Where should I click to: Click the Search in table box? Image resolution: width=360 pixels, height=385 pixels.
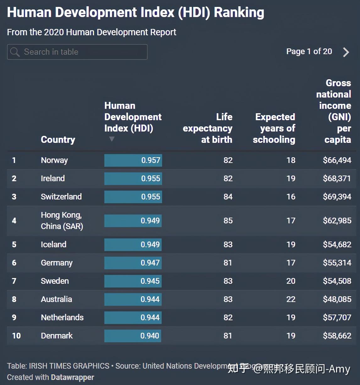point(77,52)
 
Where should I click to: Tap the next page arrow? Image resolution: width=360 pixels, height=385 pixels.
point(346,52)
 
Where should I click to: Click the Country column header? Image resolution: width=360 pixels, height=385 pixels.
point(58,140)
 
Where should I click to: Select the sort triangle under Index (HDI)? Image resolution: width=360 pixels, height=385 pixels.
point(112,139)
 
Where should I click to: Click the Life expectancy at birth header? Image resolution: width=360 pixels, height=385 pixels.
point(208,128)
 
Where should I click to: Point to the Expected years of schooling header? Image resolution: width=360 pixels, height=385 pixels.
point(274,128)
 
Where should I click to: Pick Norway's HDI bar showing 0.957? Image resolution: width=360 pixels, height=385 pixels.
point(133,160)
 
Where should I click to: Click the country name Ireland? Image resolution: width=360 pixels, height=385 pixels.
point(53,178)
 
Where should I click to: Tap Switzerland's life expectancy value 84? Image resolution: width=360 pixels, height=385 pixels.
point(228,197)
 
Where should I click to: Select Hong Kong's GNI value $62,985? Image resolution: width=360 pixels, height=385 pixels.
point(337,220)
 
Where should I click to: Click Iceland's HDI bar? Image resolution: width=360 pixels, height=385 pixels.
point(133,244)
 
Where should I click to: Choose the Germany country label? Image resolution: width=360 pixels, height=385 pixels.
point(57,263)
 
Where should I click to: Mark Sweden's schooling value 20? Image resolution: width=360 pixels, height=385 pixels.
point(291,281)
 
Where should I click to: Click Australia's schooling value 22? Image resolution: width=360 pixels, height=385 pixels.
point(291,299)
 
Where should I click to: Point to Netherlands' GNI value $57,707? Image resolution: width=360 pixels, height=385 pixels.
point(337,317)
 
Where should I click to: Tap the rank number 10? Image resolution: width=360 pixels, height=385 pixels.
point(16,336)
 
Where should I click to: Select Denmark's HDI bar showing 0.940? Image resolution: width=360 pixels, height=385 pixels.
point(133,336)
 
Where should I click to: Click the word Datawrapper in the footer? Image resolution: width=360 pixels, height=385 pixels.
point(73,377)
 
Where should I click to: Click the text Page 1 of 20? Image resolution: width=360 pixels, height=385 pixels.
point(309,52)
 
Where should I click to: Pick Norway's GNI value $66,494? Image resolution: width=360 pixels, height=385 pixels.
point(337,160)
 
